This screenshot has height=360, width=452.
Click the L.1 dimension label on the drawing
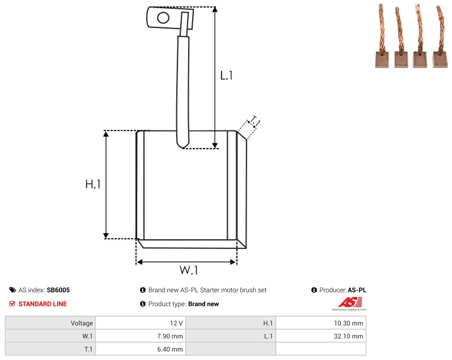(x=226, y=75)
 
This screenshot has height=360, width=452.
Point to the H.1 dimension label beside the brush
(x=93, y=184)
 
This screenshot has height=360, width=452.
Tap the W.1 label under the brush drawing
(x=189, y=270)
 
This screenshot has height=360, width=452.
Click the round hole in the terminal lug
(x=163, y=18)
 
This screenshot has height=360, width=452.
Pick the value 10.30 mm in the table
(x=348, y=323)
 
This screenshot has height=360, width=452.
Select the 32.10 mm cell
(x=348, y=336)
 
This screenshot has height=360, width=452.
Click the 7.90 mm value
(x=170, y=336)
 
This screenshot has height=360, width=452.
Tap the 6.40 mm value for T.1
(x=170, y=349)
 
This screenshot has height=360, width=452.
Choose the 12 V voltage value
(x=176, y=323)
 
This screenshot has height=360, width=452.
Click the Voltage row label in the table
(x=82, y=323)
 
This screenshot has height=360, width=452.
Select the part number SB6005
(x=58, y=290)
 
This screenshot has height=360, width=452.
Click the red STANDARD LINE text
(x=43, y=304)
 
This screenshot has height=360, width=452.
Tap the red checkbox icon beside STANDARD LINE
(x=12, y=304)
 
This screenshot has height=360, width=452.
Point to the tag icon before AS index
(x=13, y=290)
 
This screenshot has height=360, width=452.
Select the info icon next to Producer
(x=314, y=290)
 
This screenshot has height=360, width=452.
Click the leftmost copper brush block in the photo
(x=382, y=60)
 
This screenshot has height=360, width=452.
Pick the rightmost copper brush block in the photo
(x=440, y=60)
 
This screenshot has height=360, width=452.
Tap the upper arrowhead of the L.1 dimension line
(x=215, y=10)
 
